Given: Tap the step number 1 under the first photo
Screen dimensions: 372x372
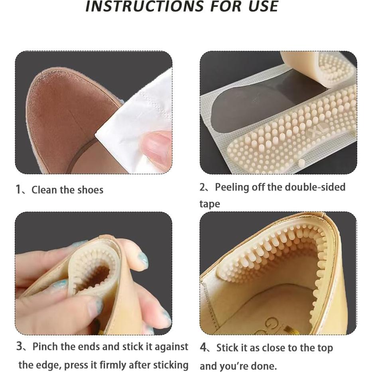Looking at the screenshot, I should click(x=18, y=189).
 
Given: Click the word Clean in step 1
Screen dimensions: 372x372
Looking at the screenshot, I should click(x=44, y=190).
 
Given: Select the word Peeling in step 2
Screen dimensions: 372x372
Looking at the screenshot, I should click(x=232, y=187).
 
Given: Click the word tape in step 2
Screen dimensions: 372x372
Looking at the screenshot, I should click(x=210, y=204).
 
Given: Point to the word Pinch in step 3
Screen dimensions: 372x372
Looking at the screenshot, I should click(x=45, y=347).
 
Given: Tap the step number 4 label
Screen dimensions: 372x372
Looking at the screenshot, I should click(x=203, y=348).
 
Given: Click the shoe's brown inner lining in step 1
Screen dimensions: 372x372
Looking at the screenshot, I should click(x=64, y=116).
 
